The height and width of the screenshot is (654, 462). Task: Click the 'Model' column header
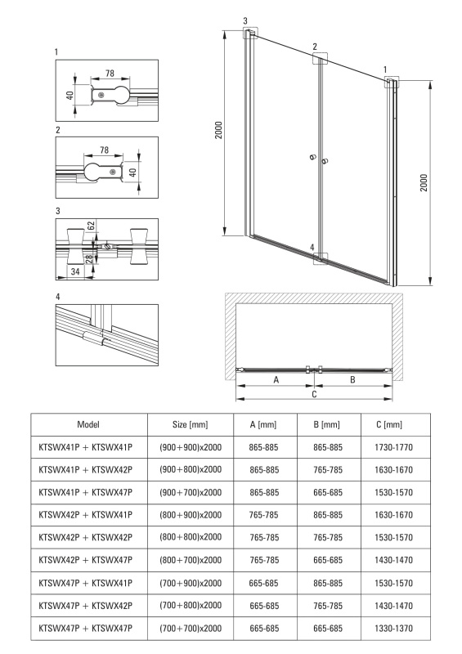click(x=88, y=424)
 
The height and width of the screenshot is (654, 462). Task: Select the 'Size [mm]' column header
click(x=190, y=424)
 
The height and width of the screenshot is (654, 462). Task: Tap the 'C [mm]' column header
click(x=389, y=424)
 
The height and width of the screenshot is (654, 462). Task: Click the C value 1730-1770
click(x=393, y=447)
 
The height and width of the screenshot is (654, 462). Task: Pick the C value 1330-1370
click(x=393, y=628)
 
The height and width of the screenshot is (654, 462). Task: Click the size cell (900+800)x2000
click(x=191, y=469)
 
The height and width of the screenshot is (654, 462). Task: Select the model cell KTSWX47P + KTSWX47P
click(x=86, y=628)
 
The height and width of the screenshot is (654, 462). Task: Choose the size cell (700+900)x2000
click(x=191, y=583)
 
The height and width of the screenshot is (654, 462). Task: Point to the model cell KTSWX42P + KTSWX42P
click(x=86, y=538)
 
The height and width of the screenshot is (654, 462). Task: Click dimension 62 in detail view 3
click(x=92, y=226)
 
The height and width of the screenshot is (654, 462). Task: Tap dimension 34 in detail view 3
click(x=75, y=271)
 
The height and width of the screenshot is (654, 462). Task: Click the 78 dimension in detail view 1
click(x=110, y=74)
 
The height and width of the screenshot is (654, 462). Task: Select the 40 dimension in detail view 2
click(x=132, y=172)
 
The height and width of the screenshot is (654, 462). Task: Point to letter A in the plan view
click(x=276, y=380)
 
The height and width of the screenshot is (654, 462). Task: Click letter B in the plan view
click(x=352, y=380)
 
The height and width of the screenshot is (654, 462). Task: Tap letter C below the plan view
click(x=314, y=394)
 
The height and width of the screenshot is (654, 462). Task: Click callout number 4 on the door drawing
click(x=312, y=248)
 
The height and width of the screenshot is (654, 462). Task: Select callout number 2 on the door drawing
click(x=315, y=47)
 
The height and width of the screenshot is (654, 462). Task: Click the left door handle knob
click(x=312, y=157)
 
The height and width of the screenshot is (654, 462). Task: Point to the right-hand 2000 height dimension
click(x=424, y=182)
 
